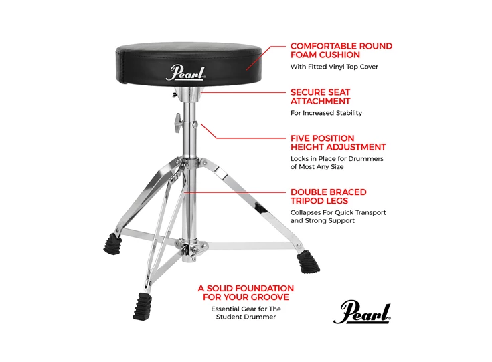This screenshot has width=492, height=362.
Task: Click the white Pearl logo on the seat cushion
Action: coord(185,72)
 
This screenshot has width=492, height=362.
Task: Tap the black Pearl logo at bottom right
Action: coord(361,311)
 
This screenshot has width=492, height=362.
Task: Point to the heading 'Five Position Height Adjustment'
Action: coord(338,142)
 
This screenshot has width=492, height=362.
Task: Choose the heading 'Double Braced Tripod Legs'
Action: coord(328,196)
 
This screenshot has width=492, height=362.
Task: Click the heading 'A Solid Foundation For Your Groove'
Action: coord(246,292)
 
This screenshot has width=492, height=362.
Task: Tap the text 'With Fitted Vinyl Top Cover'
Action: coord(329,67)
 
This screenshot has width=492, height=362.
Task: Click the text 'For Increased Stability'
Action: coord(326,113)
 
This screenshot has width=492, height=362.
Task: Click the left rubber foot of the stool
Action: coord(110,244)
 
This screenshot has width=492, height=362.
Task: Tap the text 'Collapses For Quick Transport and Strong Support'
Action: coord(337,216)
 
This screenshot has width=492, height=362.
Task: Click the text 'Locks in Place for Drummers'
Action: coord(337,158)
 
